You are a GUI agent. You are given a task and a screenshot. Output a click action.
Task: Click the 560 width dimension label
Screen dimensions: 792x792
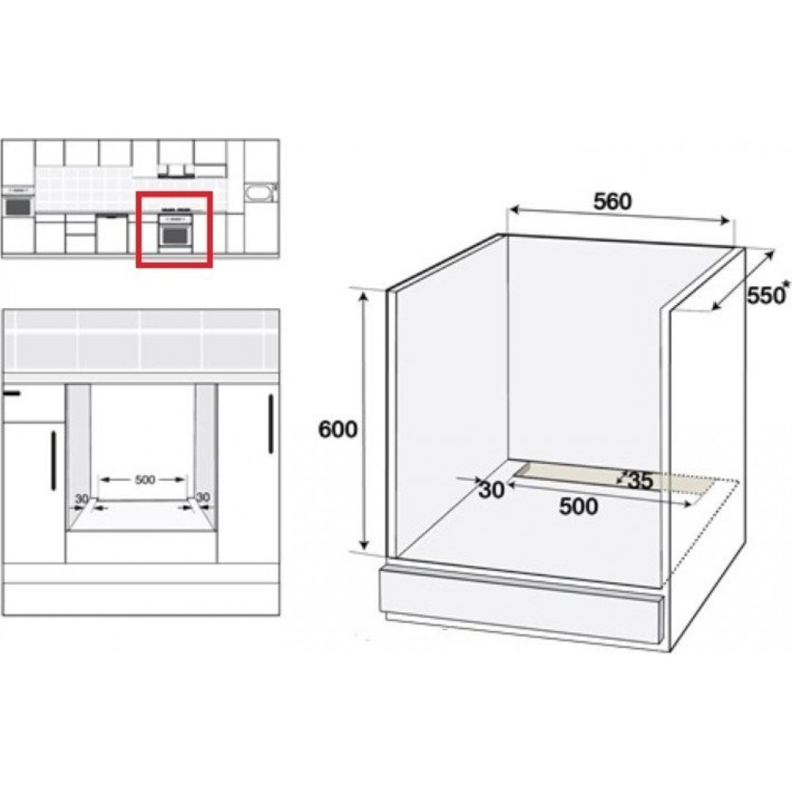[612, 201]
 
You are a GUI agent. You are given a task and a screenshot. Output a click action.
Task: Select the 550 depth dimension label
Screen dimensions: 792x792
[764, 296]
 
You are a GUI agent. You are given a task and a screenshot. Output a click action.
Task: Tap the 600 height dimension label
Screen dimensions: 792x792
[337, 429]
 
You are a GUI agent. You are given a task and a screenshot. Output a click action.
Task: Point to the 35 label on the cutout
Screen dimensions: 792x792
[640, 481]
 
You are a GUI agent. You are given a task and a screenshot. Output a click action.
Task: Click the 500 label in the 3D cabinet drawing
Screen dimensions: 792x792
[578, 507]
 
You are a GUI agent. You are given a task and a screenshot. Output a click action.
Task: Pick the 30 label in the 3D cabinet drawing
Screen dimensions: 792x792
[492, 489]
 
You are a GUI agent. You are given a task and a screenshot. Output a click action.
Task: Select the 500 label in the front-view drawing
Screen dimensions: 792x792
[145, 479]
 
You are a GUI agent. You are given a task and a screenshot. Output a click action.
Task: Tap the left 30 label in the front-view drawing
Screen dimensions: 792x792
[82, 499]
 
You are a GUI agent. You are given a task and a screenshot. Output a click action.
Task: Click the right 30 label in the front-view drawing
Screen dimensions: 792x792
[202, 497]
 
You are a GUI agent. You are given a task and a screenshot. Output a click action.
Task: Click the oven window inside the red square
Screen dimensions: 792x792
[174, 235]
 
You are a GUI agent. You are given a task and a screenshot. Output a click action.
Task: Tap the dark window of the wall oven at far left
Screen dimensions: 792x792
[17, 206]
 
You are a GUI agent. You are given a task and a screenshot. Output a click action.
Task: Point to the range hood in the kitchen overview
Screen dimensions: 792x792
[176, 172]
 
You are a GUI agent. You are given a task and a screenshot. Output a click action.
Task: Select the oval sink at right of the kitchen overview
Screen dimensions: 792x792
[259, 192]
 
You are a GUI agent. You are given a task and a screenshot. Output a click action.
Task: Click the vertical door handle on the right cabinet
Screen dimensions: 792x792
[271, 424]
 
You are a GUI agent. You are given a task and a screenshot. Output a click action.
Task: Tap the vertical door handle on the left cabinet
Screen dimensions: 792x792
[54, 461]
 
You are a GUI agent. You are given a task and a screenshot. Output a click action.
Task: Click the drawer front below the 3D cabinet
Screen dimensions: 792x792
[520, 605]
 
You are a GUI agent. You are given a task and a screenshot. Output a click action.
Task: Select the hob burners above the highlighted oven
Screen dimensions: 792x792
[176, 208]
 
